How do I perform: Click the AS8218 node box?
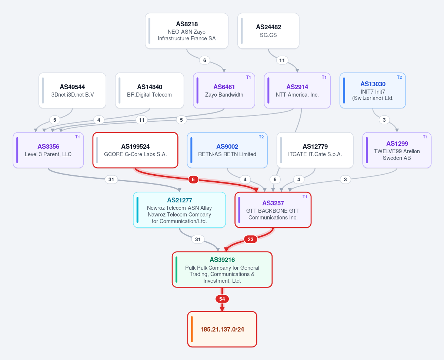click(x=187, y=31)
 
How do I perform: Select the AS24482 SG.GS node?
click(x=268, y=31)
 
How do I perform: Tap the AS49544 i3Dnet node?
click(x=72, y=91)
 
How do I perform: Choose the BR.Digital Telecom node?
click(x=150, y=91)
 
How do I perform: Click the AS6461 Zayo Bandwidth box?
click(x=224, y=91)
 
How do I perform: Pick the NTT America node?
click(x=297, y=91)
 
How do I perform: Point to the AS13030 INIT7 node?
click(x=373, y=91)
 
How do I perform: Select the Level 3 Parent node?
click(x=48, y=150)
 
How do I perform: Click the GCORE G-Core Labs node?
click(x=136, y=150)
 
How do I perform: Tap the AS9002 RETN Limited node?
click(x=227, y=150)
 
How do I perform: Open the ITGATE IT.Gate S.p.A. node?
click(x=315, y=150)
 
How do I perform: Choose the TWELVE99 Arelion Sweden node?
click(x=397, y=150)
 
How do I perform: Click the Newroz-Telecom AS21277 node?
click(x=180, y=210)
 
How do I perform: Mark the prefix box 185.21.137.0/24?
click(x=222, y=329)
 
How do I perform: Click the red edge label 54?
click(x=222, y=299)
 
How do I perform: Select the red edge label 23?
click(x=251, y=239)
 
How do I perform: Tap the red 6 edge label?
click(x=193, y=179)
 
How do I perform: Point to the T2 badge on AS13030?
click(x=399, y=77)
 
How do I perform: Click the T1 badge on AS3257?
click(x=305, y=197)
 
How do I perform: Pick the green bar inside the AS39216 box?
click(x=176, y=269)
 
